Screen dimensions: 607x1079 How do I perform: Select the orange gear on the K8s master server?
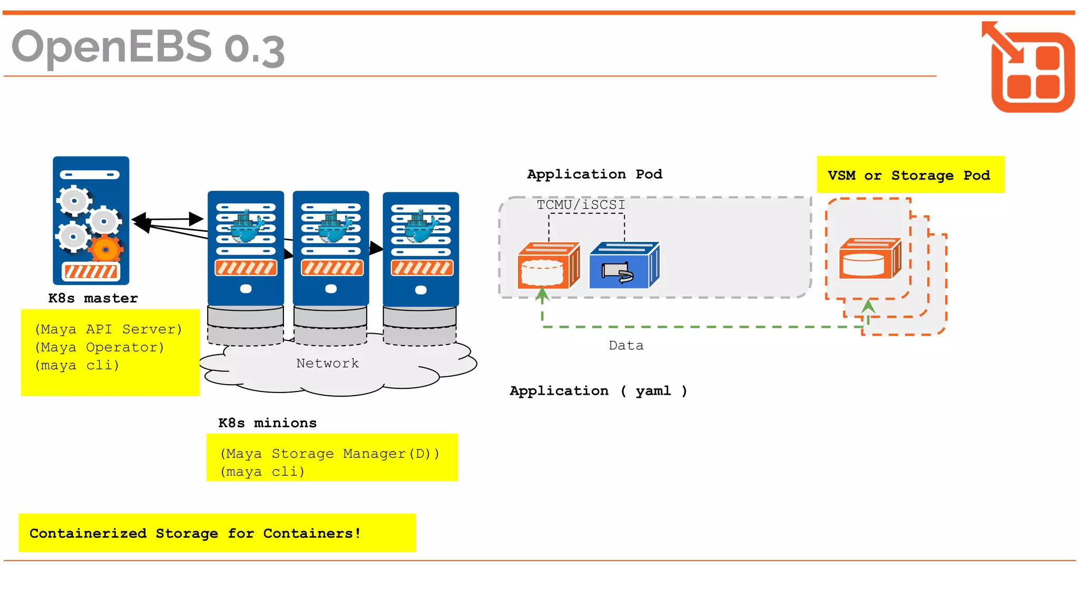tap(105, 249)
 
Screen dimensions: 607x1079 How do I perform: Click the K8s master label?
tap(93, 298)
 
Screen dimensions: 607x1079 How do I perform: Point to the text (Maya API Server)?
tap(109, 329)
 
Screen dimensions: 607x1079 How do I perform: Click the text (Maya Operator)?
tap(100, 347)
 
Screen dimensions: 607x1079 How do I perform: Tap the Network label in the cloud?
tap(327, 363)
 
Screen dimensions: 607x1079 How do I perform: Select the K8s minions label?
tap(267, 423)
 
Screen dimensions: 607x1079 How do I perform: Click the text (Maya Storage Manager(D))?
tap(329, 454)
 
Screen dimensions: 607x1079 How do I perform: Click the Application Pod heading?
tap(594, 174)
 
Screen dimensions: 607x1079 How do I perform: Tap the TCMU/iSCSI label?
tap(581, 204)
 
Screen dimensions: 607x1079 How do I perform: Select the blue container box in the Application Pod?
tap(623, 266)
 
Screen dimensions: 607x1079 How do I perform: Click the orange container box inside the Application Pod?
tap(548, 266)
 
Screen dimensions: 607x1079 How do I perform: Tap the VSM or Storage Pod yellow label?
tap(910, 175)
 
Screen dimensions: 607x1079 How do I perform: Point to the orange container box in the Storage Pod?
tap(869, 259)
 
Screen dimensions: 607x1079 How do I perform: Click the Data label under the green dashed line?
tap(626, 346)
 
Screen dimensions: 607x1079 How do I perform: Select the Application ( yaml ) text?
tap(598, 391)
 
